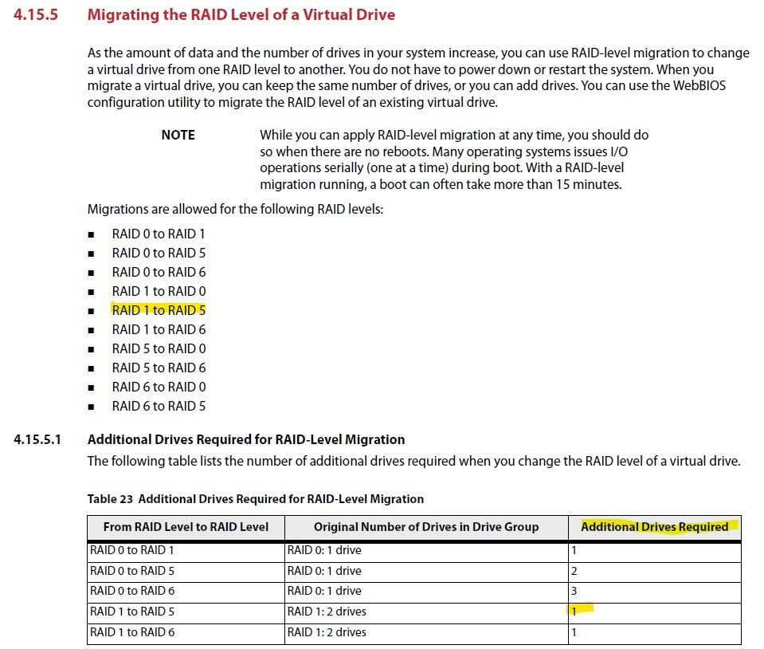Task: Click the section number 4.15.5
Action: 36,15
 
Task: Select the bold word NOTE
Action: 178,135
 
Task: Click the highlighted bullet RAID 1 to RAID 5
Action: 159,310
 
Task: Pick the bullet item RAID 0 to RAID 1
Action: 159,234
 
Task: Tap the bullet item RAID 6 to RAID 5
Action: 159,406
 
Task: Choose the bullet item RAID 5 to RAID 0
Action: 159,348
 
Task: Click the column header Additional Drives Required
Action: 654,526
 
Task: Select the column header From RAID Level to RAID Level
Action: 186,526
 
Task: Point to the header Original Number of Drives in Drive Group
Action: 425,526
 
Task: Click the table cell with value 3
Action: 574,591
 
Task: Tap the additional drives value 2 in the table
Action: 574,571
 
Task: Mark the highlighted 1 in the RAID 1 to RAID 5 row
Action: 574,612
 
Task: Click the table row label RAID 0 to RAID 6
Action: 132,591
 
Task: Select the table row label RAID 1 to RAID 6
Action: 132,632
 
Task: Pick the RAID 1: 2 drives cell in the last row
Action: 327,632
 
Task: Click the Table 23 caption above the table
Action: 255,498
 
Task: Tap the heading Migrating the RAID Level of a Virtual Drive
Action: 241,15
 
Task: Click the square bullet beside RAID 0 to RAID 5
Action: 92,254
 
